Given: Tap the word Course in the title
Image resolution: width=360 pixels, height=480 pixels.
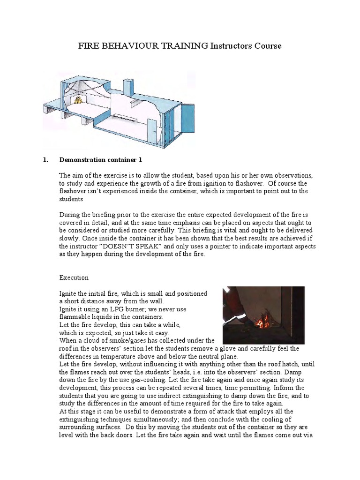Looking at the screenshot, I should (x=265, y=46).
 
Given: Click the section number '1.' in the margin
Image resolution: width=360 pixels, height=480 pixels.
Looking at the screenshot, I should (x=45, y=160).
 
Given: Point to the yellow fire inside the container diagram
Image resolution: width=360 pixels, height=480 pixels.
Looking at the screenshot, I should (x=90, y=99).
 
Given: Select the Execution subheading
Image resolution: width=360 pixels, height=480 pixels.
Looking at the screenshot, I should (x=74, y=277).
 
